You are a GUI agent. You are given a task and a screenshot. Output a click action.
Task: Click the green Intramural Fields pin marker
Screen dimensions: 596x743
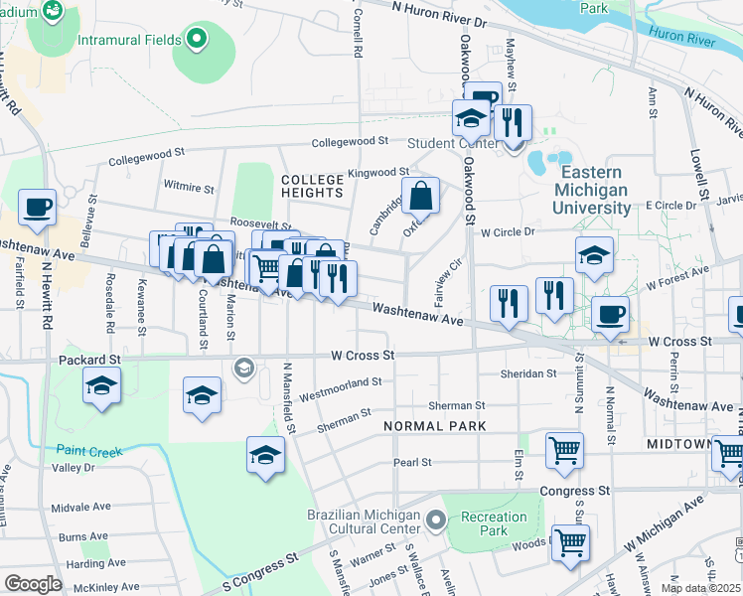coord(197,40)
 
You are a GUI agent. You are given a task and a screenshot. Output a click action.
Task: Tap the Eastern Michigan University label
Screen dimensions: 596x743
coord(592,190)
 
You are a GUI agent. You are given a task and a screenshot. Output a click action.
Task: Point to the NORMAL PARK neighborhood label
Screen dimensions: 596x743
coord(435,425)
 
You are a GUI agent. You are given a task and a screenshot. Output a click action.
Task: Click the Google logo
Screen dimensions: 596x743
coord(33,583)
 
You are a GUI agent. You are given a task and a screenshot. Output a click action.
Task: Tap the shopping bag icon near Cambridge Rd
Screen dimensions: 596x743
coord(421,196)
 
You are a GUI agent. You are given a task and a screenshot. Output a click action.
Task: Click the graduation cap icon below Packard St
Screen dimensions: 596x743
coord(101,384)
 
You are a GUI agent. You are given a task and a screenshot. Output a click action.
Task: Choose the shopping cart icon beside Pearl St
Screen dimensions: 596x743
coord(564,449)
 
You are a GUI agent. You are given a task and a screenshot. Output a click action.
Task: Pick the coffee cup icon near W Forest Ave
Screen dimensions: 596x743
coord(610,314)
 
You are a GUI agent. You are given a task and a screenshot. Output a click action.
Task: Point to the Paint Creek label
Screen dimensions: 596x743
coord(88,451)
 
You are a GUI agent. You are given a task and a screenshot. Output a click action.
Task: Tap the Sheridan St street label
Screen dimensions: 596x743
coord(528,373)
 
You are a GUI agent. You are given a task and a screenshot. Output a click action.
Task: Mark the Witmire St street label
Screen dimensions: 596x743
coord(189,187)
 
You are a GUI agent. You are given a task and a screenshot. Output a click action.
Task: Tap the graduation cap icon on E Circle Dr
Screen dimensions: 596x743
coord(593,254)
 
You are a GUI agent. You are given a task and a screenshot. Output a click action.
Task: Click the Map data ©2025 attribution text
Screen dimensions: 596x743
coord(698,588)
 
